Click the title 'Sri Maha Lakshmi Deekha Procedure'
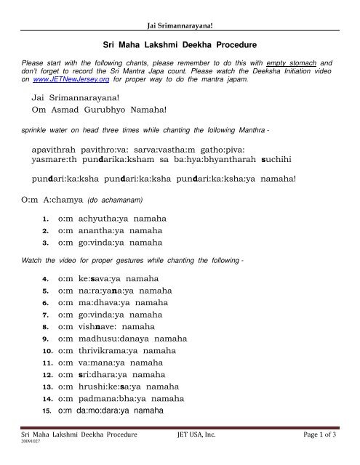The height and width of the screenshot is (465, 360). pos(180,45)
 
